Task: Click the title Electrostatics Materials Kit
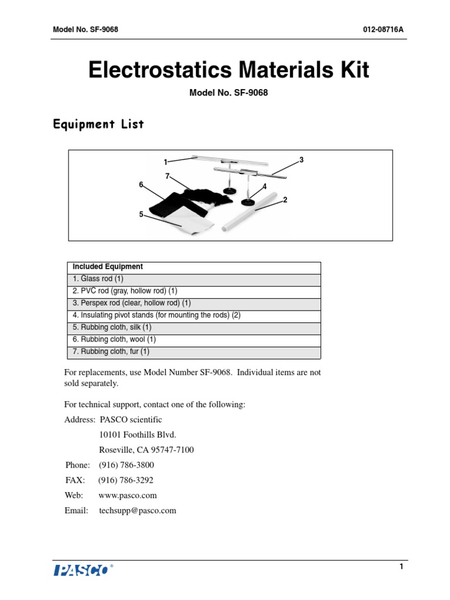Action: (x=229, y=71)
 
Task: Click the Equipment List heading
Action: (x=98, y=124)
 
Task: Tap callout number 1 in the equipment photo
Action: (x=166, y=162)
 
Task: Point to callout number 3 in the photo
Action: (x=301, y=160)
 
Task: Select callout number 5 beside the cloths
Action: (x=141, y=214)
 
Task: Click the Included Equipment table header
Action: (x=108, y=267)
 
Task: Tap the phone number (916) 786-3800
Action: (x=127, y=465)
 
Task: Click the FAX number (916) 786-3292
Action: (x=126, y=480)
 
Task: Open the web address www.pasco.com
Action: (x=128, y=495)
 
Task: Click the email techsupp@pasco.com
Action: (x=138, y=510)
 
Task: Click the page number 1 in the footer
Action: (x=401, y=567)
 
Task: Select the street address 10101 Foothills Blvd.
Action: (x=138, y=435)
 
